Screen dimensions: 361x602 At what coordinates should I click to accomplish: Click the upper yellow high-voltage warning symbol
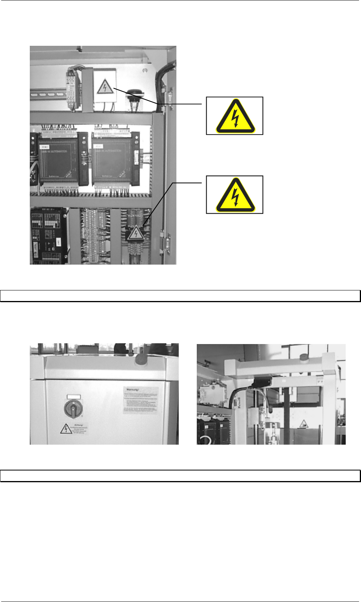click(235, 116)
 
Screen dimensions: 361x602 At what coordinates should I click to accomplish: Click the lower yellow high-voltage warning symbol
click(235, 195)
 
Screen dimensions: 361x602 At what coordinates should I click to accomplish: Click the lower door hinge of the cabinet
click(167, 243)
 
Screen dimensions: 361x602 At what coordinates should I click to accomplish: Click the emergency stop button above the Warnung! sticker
click(141, 359)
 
